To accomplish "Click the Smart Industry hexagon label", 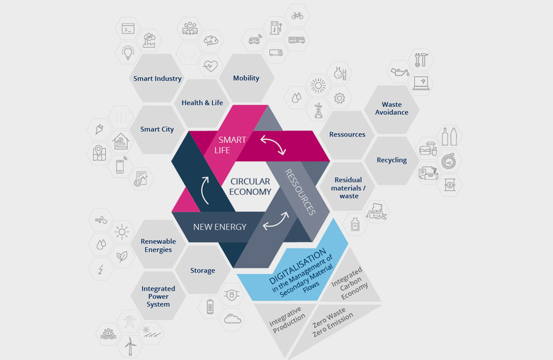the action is [157, 78].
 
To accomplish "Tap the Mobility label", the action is [246, 78].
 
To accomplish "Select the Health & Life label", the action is [202, 103].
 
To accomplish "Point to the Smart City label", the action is [157, 130].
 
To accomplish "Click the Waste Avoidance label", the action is [392, 108].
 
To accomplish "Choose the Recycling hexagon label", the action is [392, 160].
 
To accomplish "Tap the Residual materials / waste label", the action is [348, 188].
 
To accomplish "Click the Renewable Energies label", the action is [158, 246].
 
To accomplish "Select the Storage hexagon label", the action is [203, 270].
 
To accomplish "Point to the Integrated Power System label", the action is [158, 296].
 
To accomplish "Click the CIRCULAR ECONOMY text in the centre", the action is [250, 187].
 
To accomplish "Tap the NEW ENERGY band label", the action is [220, 227].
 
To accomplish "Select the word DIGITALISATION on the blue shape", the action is [298, 266].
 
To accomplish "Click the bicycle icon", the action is [298, 16].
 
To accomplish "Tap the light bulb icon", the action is [127, 52].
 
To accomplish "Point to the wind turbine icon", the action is [130, 346].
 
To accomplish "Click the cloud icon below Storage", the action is [232, 319].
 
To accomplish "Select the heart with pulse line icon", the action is [211, 66].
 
